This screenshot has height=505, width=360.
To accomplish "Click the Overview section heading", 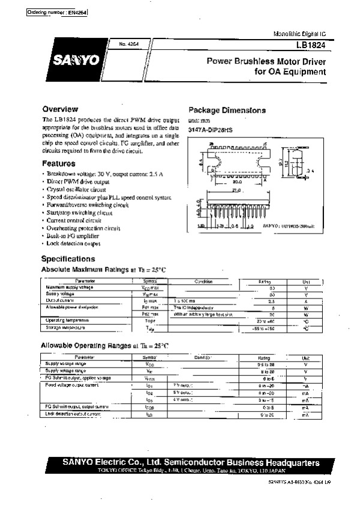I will tap(59, 109).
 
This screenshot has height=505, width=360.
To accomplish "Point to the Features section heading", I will tap(58, 163).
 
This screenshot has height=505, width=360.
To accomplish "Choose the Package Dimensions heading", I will tap(227, 110).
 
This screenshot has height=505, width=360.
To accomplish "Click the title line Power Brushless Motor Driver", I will tap(266, 61).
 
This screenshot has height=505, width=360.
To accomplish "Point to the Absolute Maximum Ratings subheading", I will tap(103, 271).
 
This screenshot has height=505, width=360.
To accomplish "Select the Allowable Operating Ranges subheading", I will tap(104, 346).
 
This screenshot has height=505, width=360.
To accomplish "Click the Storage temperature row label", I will tap(65, 328).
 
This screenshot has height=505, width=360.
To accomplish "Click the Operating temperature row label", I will tap(68, 321).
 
